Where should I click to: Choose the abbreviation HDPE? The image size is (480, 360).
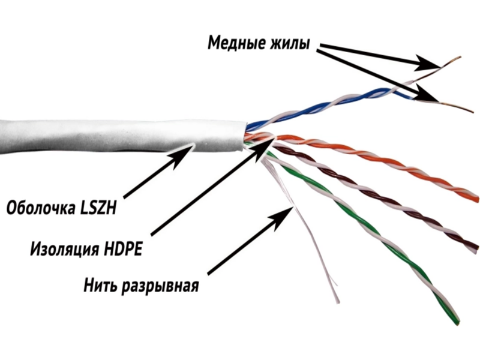tap(124, 248)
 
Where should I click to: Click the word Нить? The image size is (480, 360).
tap(102, 283)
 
